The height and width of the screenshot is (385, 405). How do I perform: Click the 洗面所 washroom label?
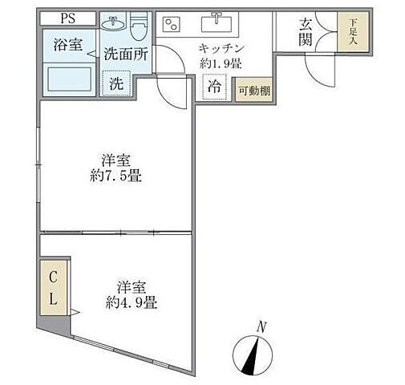click(125, 55)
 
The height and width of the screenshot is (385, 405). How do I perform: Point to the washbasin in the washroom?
click(112, 24)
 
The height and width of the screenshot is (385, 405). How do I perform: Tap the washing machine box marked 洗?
click(116, 83)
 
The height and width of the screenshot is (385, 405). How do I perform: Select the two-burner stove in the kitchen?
click(173, 24)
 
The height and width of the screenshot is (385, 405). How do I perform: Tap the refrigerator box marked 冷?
click(215, 87)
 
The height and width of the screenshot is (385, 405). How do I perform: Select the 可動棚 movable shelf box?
click(254, 91)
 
